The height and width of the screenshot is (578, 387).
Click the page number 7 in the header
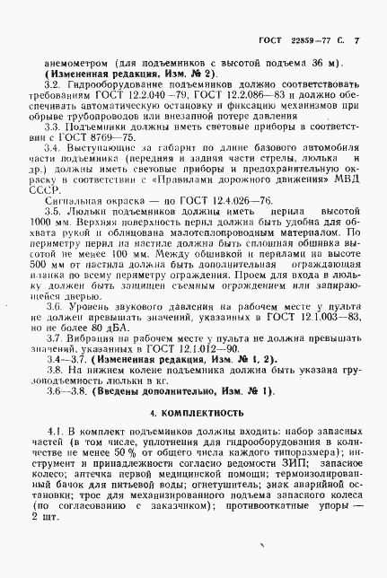[x=356, y=42]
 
